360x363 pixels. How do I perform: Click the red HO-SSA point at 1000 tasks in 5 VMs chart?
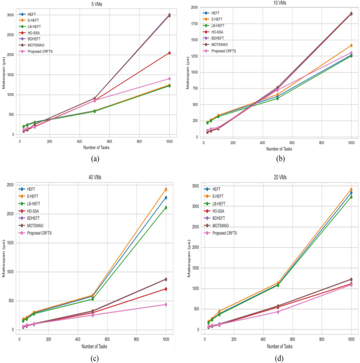pyautogui.click(x=169, y=53)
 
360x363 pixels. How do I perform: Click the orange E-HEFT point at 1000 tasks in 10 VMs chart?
pyautogui.click(x=351, y=45)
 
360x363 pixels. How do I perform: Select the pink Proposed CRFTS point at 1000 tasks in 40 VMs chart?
pyautogui.click(x=166, y=305)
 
